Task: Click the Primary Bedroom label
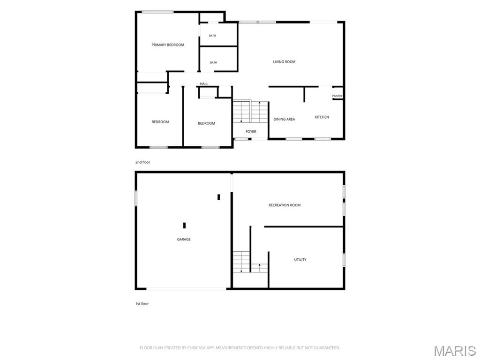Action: (168, 45)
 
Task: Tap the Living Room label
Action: (284, 62)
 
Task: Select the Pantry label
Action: (337, 96)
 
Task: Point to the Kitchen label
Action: (322, 117)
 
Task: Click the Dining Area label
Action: (284, 120)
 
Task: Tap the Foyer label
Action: (251, 132)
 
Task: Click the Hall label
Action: (204, 84)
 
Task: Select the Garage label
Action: (184, 240)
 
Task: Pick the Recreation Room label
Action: (285, 205)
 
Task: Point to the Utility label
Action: (300, 260)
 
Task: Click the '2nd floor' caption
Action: (142, 162)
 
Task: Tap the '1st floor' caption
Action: (142, 304)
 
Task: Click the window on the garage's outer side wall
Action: (136, 198)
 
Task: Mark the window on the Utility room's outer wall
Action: (344, 260)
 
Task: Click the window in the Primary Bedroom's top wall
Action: (157, 12)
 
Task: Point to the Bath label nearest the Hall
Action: (213, 62)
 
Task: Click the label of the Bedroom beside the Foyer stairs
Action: (206, 123)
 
